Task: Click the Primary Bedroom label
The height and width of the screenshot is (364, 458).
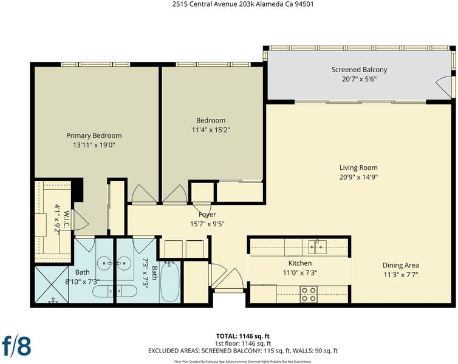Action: coord(94,135)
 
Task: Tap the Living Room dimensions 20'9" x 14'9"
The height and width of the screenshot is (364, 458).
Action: coord(359,177)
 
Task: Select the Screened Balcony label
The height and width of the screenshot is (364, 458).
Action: coord(359,70)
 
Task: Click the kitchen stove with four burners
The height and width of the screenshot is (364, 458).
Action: coord(309,294)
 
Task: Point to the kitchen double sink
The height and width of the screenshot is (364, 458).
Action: coord(317,247)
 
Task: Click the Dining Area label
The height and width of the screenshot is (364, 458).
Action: coord(401,266)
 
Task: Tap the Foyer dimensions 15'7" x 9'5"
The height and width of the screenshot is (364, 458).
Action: coord(207,224)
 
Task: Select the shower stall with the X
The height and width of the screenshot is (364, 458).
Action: coord(52,284)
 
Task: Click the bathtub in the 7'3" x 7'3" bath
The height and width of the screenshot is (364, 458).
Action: coord(169,281)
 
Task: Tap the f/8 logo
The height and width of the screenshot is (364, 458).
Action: coord(16,346)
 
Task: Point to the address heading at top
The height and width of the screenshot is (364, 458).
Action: coord(243,4)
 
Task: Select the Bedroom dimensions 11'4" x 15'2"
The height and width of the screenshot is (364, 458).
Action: coord(211,130)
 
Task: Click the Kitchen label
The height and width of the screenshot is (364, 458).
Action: coord(300,263)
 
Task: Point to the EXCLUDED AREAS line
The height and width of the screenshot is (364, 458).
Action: coord(243,351)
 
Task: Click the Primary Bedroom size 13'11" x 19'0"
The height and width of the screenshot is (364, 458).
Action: coord(94,145)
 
